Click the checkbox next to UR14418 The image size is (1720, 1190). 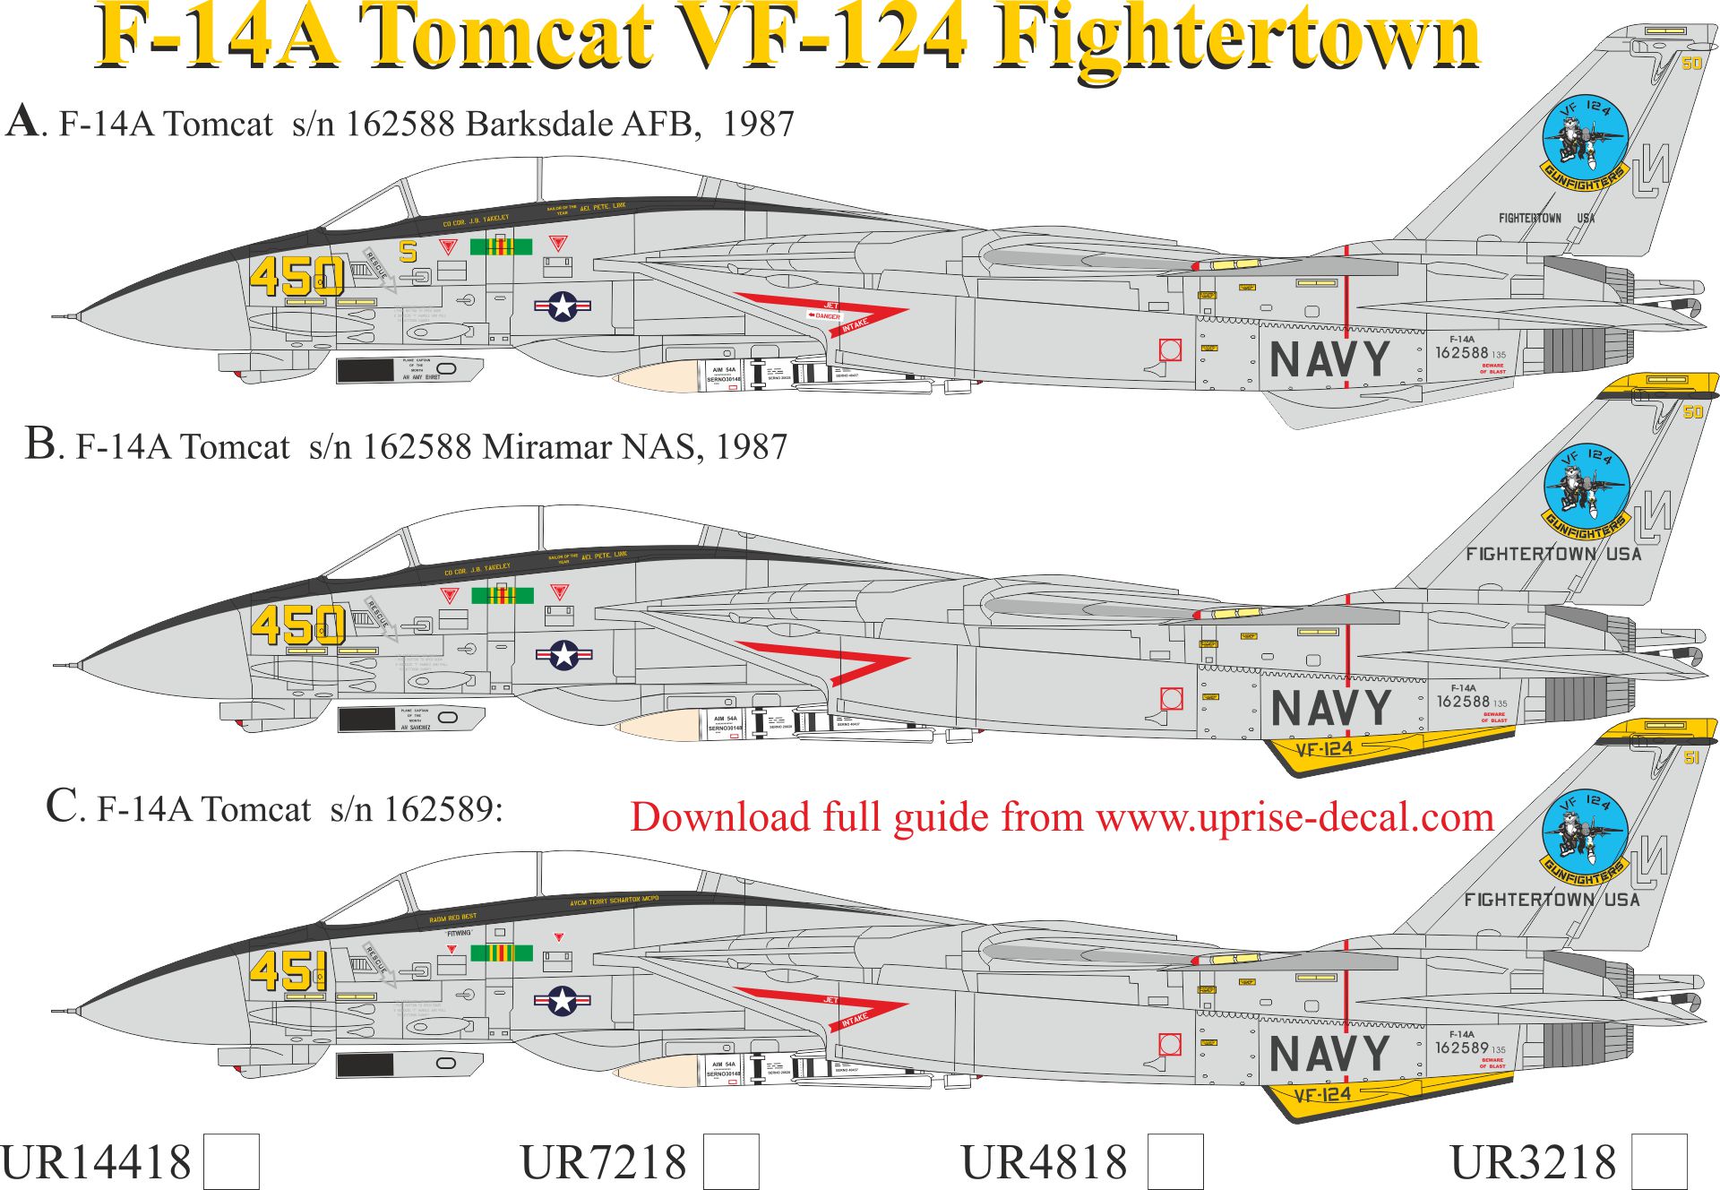231,1161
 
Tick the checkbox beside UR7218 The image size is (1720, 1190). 731,1161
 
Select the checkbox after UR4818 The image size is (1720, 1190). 1174,1161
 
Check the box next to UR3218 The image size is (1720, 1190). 1659,1161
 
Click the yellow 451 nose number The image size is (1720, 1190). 288,971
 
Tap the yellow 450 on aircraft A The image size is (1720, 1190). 297,276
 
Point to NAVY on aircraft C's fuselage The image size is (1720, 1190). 1329,1054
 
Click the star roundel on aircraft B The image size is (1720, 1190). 563,655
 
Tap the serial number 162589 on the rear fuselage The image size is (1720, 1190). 1461,1048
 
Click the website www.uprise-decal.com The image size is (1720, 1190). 1294,817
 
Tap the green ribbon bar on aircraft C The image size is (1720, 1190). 502,953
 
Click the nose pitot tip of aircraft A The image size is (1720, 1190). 56,317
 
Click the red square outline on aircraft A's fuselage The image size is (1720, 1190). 1170,349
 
